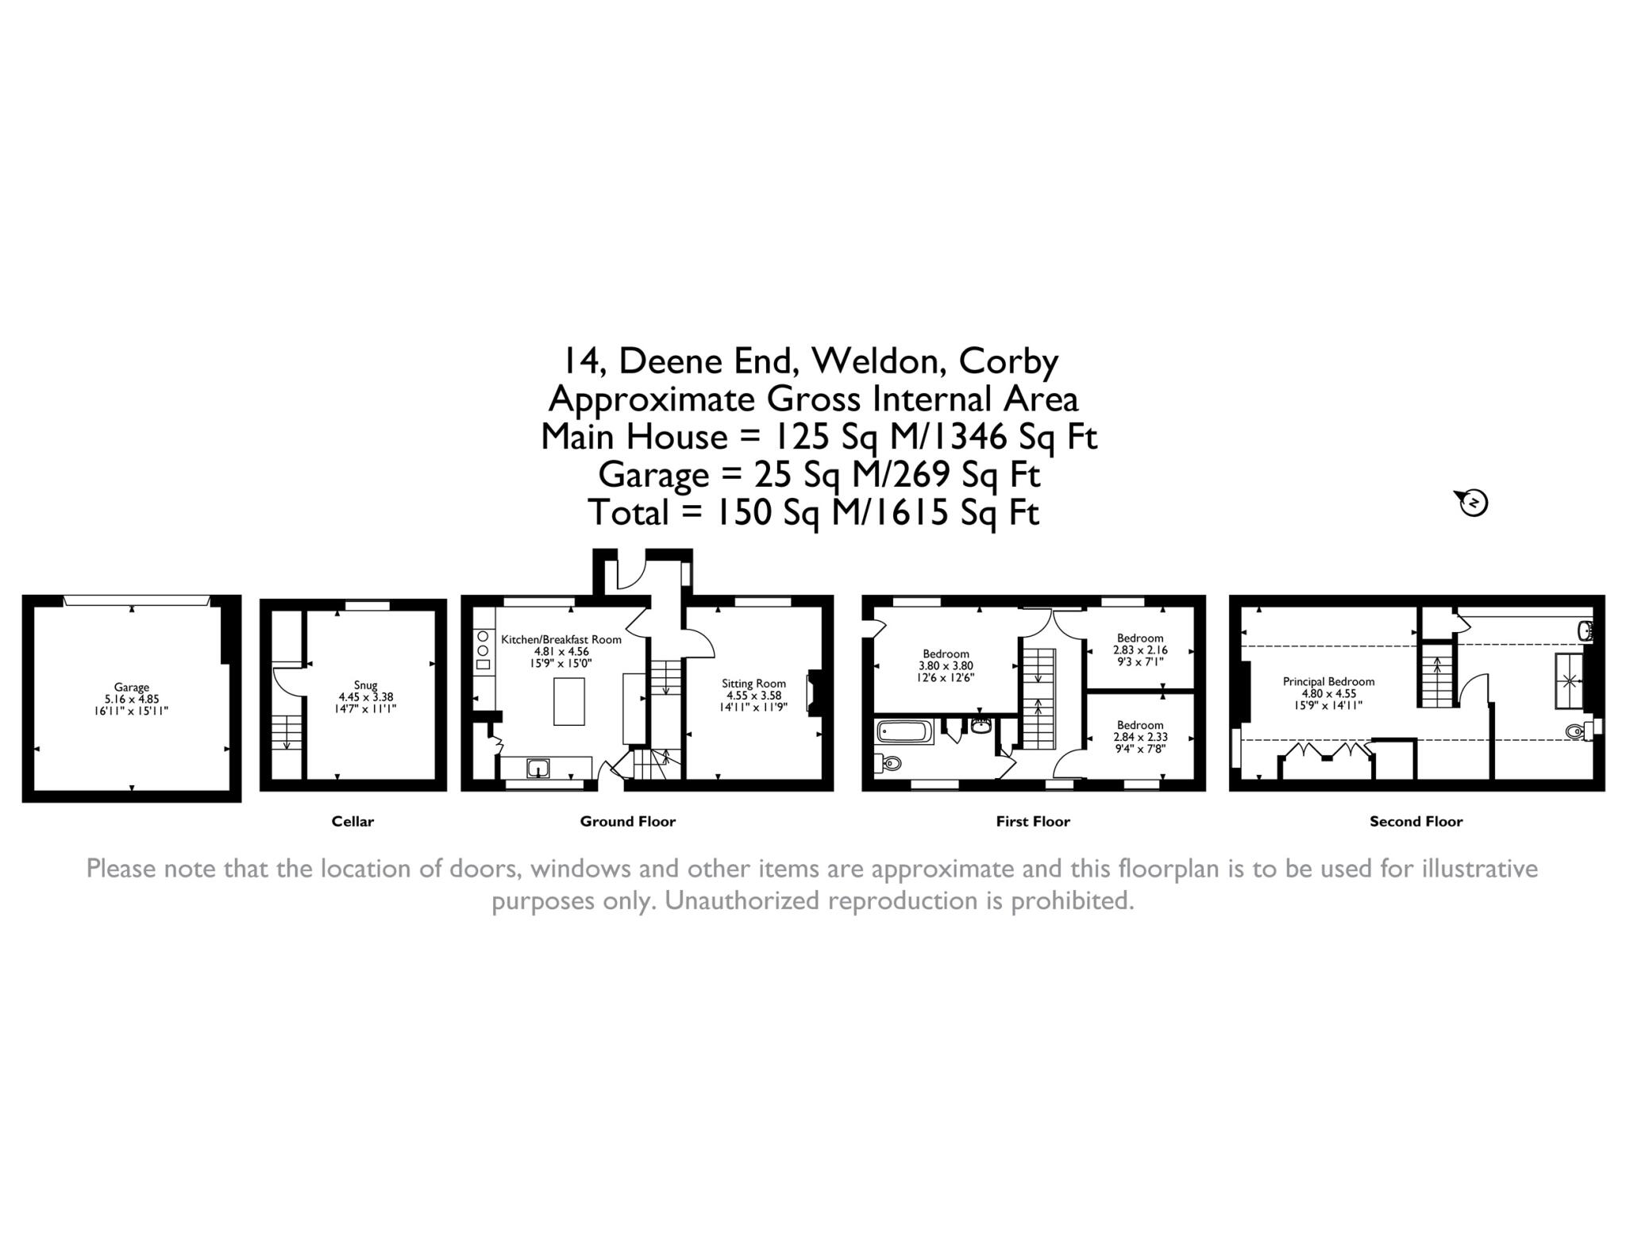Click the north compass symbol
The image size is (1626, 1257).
[x=1474, y=503]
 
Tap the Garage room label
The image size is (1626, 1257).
[x=132, y=688]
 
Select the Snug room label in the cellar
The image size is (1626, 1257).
[x=365, y=685]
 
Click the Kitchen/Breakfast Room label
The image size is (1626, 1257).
[x=561, y=639]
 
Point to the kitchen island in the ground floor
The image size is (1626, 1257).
[x=568, y=701]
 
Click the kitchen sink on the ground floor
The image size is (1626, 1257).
[x=538, y=768]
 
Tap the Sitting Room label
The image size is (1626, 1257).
[x=753, y=683]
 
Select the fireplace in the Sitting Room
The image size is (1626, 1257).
[x=811, y=692]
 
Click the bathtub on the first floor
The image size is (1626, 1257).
[x=905, y=731]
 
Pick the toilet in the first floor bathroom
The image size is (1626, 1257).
[x=889, y=764]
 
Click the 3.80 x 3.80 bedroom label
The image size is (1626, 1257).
[x=946, y=666]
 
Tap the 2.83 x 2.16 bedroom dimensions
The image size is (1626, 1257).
[x=1140, y=650]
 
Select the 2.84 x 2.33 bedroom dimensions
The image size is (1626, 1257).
[x=1140, y=737]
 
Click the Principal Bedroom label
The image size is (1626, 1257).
[x=1328, y=681]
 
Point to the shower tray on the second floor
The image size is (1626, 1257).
[x=1569, y=680]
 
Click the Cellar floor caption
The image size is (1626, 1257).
[x=353, y=822]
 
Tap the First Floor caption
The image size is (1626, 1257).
[x=1033, y=822]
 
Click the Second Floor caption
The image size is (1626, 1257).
[x=1416, y=822]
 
